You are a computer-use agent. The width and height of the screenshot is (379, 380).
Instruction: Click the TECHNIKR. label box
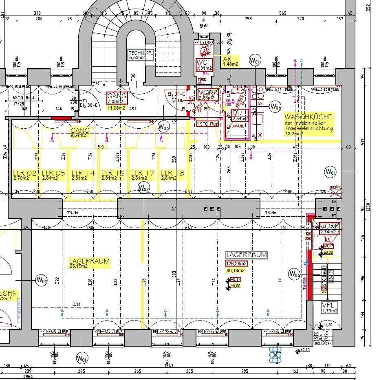[x=141, y=55]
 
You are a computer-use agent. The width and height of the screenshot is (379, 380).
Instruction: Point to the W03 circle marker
[x=163, y=127]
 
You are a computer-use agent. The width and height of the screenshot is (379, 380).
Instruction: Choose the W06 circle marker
[x=275, y=107]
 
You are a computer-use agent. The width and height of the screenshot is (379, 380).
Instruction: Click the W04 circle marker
[x=294, y=274]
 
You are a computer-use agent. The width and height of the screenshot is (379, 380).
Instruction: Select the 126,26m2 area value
[x=236, y=264]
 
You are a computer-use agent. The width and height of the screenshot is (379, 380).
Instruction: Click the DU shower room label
[x=240, y=115]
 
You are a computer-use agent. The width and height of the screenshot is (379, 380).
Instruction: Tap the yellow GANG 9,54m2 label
[x=80, y=133]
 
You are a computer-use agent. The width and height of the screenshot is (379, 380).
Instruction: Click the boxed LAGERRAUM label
[x=247, y=255]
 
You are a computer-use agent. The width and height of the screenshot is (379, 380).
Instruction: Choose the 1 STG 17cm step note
[x=207, y=124]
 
